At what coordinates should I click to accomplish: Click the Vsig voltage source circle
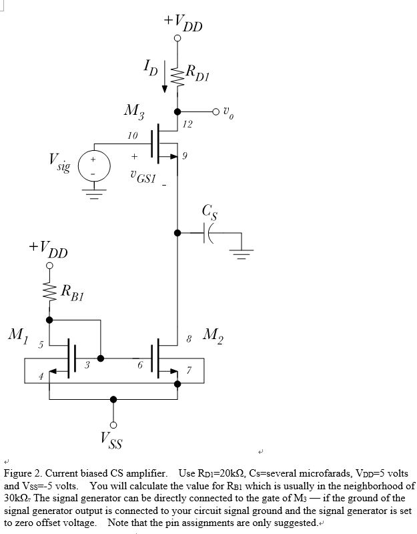tap(94, 166)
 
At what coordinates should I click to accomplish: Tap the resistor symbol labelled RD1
tap(177, 77)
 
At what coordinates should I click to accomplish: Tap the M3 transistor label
tap(133, 110)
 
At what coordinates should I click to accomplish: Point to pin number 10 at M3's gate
tap(132, 136)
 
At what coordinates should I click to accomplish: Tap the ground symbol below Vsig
tap(94, 195)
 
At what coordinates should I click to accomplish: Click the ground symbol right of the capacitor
tap(244, 252)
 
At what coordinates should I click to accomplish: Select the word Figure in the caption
tap(19, 473)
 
